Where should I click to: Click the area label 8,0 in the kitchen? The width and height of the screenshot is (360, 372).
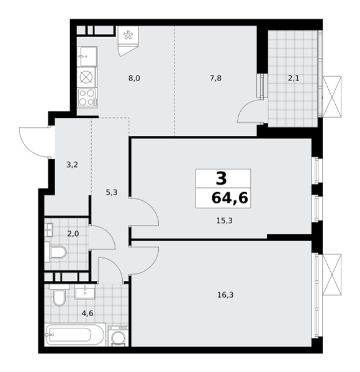[x=134, y=78]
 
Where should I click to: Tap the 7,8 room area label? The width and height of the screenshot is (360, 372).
[x=215, y=78]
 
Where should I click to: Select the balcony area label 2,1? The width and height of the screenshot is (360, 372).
[x=294, y=78]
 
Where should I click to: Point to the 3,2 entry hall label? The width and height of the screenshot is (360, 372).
[x=72, y=165]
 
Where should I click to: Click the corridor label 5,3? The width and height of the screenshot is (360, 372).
[x=112, y=192]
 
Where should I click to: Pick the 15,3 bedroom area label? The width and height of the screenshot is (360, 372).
[x=225, y=221]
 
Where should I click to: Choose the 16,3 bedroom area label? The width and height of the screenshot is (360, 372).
[x=225, y=295]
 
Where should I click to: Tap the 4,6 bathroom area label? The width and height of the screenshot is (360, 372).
[x=88, y=313]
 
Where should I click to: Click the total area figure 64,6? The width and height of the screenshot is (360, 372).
[x=230, y=198]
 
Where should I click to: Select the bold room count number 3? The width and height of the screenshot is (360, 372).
[x=222, y=179]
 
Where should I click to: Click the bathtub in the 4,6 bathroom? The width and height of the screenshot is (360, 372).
[x=75, y=335]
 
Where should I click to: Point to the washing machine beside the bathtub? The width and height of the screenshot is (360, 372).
[x=118, y=336]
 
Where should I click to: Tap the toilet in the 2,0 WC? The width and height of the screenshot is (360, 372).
[x=56, y=252]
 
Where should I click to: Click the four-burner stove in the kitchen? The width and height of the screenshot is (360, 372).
[x=88, y=98]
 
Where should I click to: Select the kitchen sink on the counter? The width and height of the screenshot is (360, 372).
[x=87, y=56]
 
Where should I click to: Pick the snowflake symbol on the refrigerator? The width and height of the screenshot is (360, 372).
[x=128, y=35]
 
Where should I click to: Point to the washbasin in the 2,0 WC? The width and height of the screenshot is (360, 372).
[x=49, y=230]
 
